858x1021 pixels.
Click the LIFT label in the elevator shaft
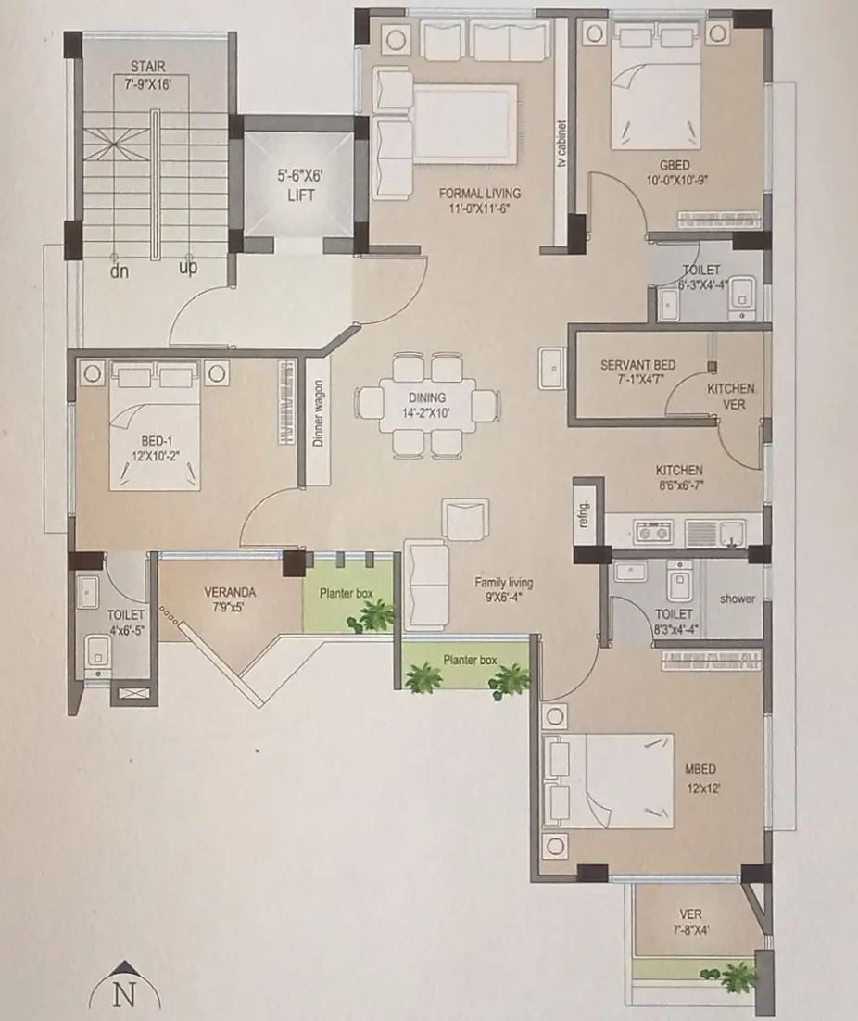point(301,195)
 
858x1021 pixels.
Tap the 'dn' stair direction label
point(120,271)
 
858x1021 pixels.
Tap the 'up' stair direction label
point(188,267)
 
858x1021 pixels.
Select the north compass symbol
point(124,992)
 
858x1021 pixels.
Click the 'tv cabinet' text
point(561,144)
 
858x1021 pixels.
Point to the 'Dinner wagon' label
point(318,413)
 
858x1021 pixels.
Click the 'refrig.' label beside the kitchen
point(584,514)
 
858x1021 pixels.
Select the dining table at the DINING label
point(427,404)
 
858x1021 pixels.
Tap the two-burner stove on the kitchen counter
point(653,533)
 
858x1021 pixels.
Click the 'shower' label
point(738,599)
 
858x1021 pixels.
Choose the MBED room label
point(700,769)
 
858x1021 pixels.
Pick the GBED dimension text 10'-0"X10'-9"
point(677,180)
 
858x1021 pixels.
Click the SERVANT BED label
point(638,365)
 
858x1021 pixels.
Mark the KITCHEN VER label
point(731,397)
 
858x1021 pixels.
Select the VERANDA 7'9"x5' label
point(230,599)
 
